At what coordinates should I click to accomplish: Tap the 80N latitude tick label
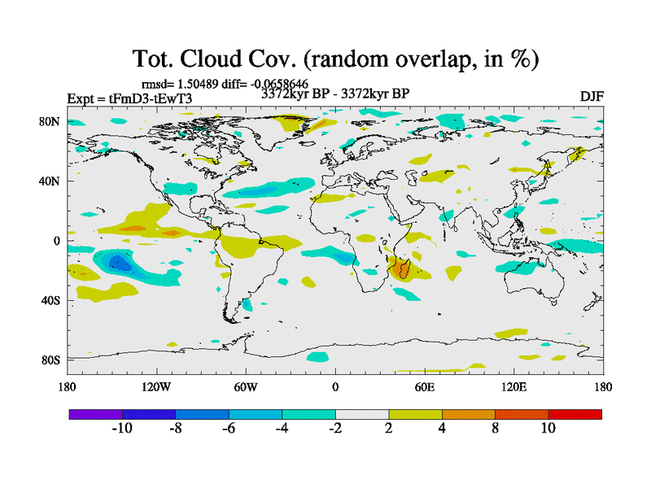(53, 122)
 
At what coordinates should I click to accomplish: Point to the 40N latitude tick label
(53, 181)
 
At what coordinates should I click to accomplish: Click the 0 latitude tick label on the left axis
(58, 241)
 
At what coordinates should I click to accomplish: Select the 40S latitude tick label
(53, 300)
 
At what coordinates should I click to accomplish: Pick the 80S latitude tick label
(53, 359)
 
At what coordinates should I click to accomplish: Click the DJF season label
(591, 96)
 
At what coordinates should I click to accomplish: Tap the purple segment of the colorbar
(95, 414)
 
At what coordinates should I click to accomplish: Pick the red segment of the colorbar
(575, 414)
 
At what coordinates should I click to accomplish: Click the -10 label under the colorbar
(122, 429)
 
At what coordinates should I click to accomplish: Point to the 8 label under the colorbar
(495, 429)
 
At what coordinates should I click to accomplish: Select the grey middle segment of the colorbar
(362, 414)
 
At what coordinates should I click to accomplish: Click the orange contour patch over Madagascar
(400, 268)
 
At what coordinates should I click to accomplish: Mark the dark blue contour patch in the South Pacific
(118, 262)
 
